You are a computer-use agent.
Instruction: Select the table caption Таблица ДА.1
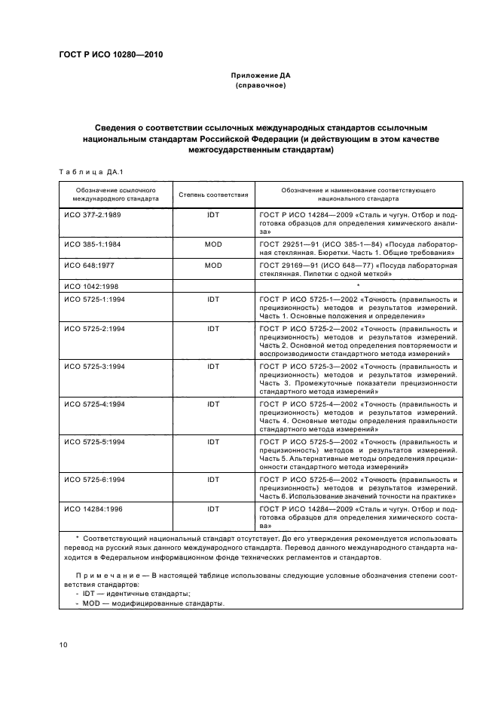(85, 171)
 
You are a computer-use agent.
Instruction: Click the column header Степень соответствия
(213, 195)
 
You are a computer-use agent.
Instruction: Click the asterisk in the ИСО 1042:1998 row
(358, 287)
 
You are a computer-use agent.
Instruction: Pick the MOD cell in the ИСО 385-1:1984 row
(213, 245)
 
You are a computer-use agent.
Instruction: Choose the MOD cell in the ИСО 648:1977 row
(213, 266)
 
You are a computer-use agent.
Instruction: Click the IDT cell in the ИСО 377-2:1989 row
(213, 215)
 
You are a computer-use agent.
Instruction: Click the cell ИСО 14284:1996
(94, 509)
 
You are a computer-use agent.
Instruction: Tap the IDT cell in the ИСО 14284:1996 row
(213, 509)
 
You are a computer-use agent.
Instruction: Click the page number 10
(63, 645)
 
